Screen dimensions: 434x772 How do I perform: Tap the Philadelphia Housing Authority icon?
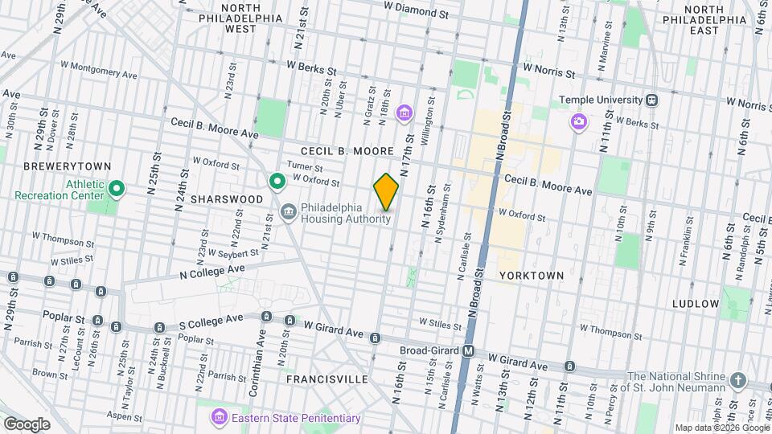pos(288,211)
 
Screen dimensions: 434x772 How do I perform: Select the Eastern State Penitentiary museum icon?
pos(218,417)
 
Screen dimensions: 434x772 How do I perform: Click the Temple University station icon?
pos(652,100)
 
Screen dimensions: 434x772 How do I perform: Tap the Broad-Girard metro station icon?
pos(469,351)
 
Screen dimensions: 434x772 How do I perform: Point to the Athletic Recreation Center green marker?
pos(117,189)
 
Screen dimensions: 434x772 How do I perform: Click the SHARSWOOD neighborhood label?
pos(228,199)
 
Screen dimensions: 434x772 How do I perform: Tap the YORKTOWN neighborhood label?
pos(531,275)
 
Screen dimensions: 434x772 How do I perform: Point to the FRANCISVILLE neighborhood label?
pos(322,379)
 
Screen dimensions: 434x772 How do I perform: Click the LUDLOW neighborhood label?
pos(696,304)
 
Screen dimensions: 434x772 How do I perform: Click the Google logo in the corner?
pos(26,424)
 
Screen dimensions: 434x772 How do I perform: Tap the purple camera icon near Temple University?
pos(578,121)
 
